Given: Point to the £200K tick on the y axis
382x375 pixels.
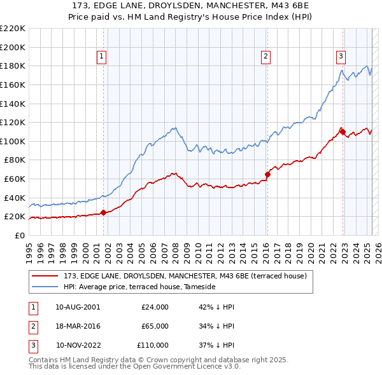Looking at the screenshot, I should point(13,47).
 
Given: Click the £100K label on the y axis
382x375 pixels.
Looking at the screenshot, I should point(13,141).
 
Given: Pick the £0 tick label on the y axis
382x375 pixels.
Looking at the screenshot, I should point(20,235).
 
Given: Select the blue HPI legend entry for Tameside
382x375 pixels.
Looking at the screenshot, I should point(139,287).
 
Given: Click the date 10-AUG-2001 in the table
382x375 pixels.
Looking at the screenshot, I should point(78,307).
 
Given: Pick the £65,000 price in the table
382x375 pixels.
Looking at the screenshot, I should point(155,326).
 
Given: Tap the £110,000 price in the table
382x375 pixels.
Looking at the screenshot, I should point(153,345).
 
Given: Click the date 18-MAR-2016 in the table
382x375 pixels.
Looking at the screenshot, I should point(78,326).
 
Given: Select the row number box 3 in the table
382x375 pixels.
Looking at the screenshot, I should point(31,345).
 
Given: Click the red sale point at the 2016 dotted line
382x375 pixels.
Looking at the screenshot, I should point(267,174).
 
